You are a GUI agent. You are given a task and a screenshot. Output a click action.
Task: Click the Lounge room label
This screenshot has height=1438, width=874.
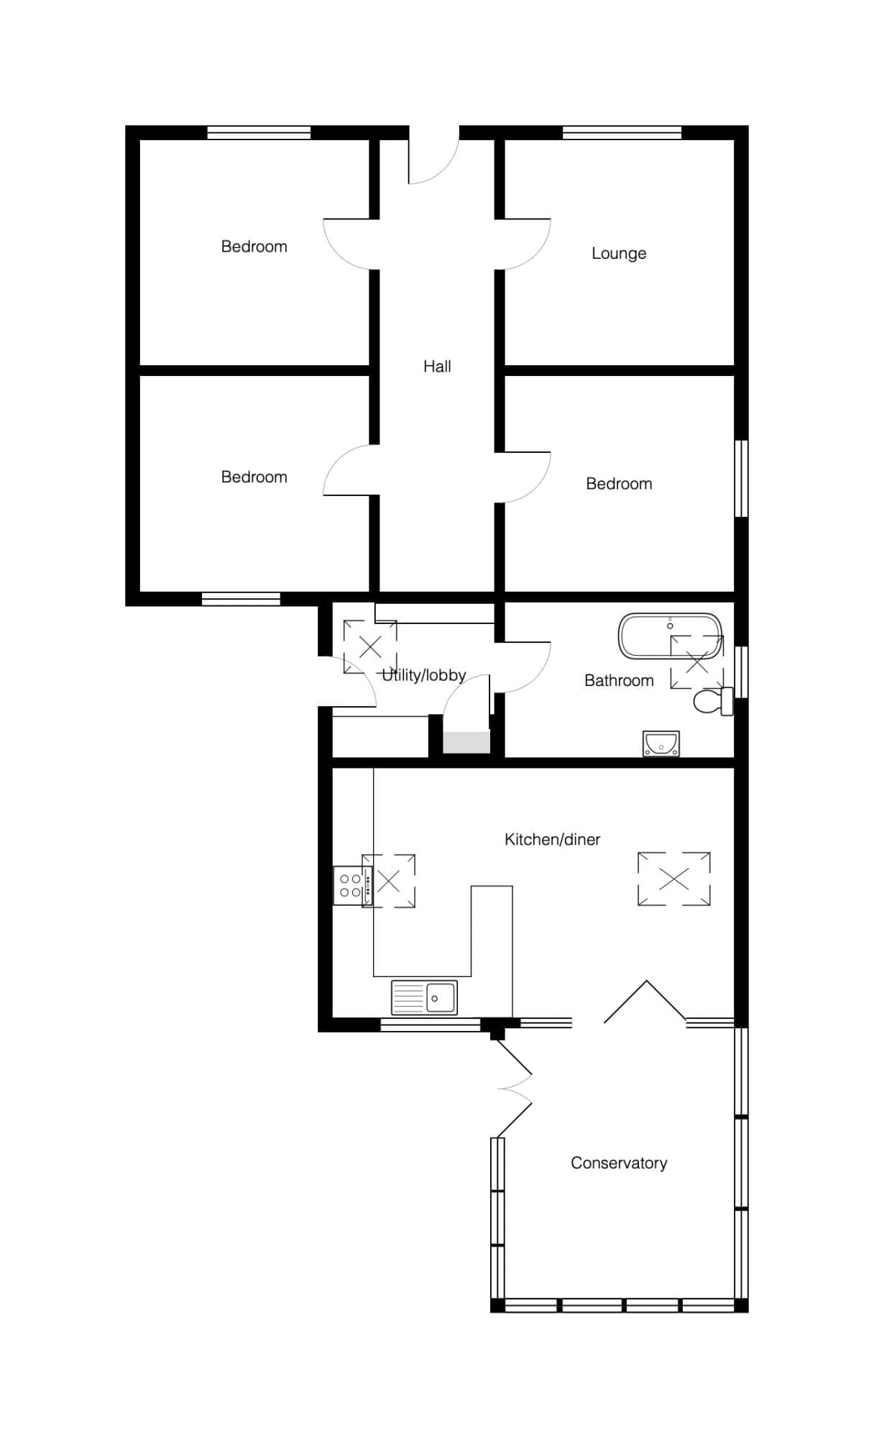(619, 254)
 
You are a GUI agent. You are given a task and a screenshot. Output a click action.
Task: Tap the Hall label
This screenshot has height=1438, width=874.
(437, 367)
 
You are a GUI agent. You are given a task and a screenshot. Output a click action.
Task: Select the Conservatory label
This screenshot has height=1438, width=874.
(619, 1163)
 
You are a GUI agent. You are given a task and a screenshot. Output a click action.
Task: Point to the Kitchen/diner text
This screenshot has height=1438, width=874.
(552, 840)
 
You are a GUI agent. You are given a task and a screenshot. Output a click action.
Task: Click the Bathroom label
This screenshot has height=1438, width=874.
(619, 681)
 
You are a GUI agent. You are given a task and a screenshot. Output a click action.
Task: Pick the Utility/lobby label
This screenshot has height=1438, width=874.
(424, 676)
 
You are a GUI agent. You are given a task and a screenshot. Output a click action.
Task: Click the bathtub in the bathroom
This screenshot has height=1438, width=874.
(670, 636)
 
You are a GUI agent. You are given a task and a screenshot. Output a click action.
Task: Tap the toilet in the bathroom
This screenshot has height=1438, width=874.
(714, 701)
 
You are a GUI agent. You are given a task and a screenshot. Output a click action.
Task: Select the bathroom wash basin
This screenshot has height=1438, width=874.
(661, 744)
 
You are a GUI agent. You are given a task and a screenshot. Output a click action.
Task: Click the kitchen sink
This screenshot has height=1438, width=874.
(424, 997)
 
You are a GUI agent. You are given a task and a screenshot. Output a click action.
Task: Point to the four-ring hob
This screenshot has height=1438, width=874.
(351, 886)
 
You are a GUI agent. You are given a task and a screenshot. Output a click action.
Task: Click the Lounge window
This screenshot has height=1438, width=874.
(622, 132)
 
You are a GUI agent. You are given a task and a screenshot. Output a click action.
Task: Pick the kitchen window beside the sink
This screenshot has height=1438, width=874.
(430, 1025)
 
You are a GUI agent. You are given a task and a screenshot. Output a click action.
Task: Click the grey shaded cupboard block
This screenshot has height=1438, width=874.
(466, 742)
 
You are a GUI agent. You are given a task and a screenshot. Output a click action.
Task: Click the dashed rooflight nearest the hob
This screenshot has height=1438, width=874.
(389, 881)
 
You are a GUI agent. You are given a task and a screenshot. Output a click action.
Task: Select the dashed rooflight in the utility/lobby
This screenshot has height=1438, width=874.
(370, 647)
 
